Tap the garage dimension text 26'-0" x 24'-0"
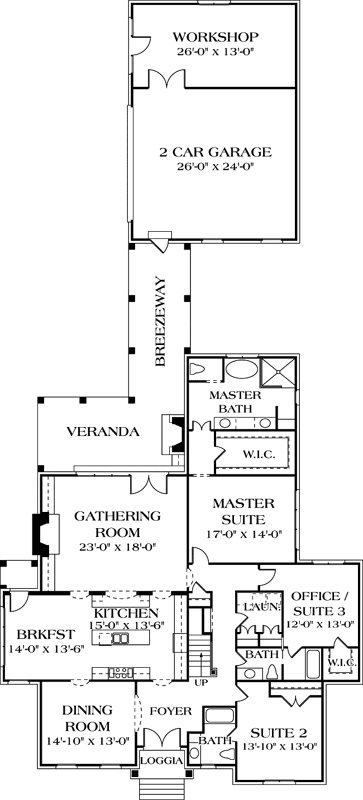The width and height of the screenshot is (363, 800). point(215,168)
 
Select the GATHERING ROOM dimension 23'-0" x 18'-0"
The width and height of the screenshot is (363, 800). point(116,547)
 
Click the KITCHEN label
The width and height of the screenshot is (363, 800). point(125,612)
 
